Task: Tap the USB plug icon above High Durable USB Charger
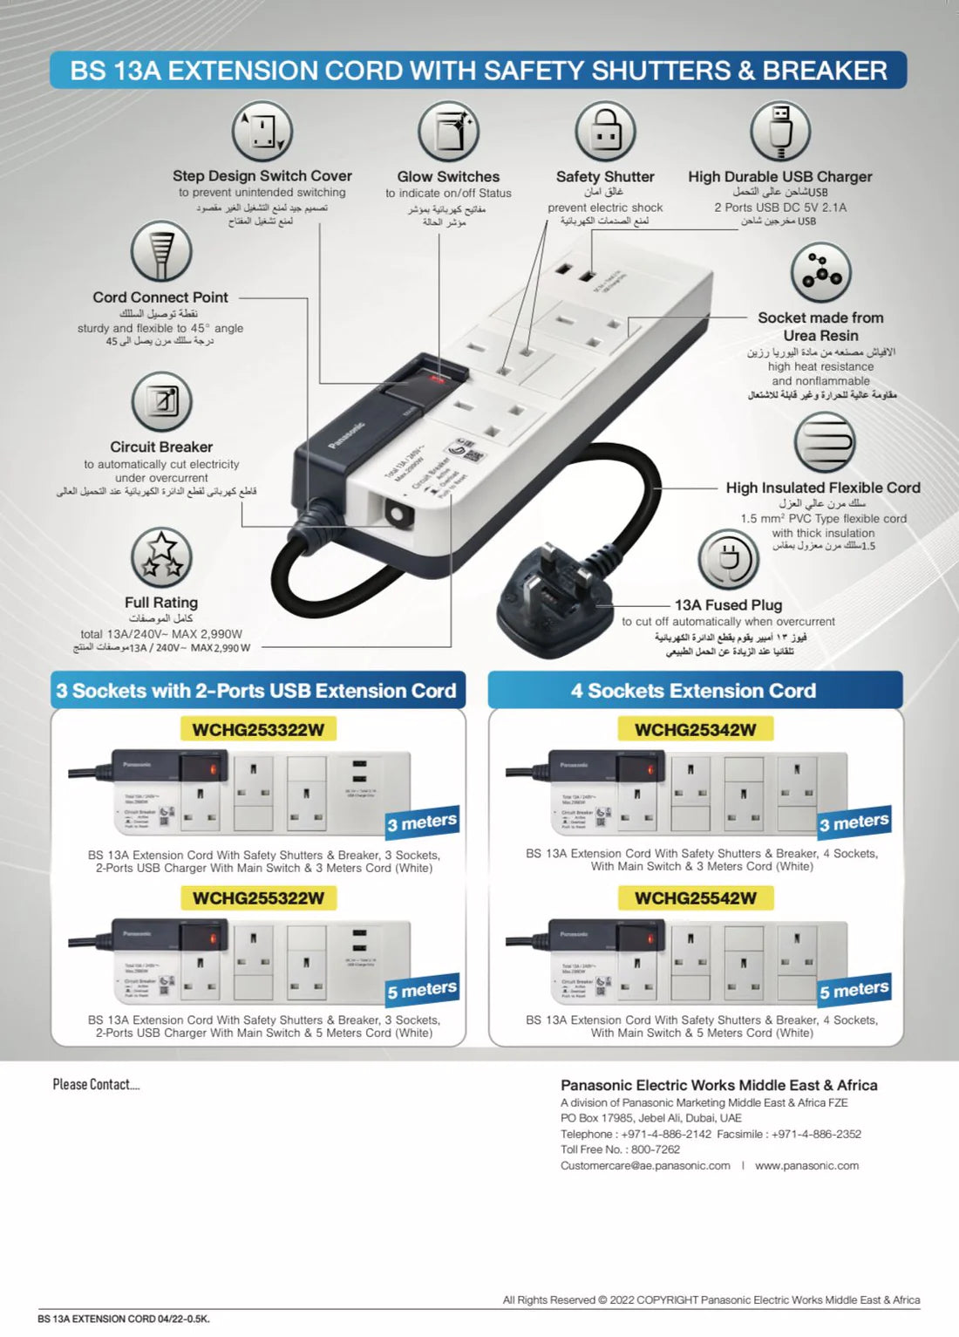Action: click(779, 132)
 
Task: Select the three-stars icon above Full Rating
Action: click(161, 557)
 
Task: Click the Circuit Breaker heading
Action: click(161, 447)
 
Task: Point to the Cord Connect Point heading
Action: click(160, 297)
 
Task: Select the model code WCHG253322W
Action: click(258, 730)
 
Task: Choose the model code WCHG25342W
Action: click(695, 730)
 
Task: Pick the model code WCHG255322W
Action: click(258, 898)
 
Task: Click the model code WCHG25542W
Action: click(695, 898)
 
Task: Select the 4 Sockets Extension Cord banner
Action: click(694, 691)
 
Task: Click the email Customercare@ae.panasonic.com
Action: click(645, 1165)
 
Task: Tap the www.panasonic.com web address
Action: click(806, 1165)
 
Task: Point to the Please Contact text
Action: click(96, 1084)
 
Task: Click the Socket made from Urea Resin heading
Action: click(820, 326)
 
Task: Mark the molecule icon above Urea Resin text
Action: click(820, 272)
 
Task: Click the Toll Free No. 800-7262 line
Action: click(620, 1149)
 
